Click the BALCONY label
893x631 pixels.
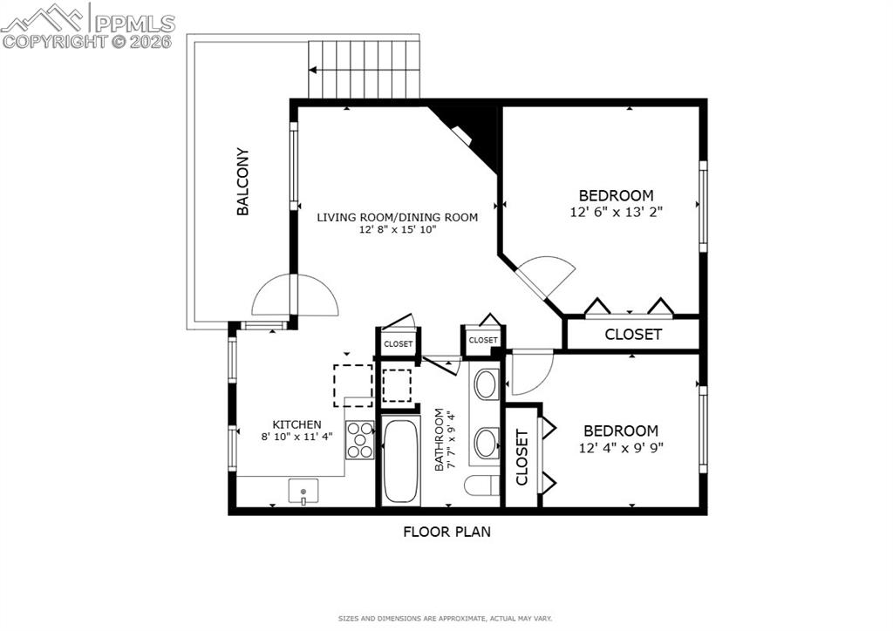point(243,181)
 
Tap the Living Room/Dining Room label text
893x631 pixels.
point(397,217)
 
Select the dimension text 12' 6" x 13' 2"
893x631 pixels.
point(616,211)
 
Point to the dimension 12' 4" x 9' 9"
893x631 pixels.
point(621,447)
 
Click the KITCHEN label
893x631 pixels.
point(297,424)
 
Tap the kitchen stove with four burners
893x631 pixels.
point(359,439)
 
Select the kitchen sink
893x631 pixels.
point(303,492)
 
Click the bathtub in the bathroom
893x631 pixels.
point(400,461)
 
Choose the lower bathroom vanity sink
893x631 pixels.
point(486,442)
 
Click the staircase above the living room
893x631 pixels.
point(365,70)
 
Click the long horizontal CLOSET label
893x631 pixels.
point(633,334)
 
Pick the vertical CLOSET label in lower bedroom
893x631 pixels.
point(522,458)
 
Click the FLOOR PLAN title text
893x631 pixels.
point(446,531)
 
